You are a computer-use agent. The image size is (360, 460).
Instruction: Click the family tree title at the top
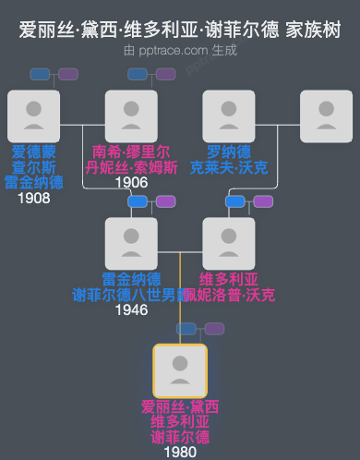180,30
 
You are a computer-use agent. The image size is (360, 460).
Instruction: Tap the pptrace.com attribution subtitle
180,50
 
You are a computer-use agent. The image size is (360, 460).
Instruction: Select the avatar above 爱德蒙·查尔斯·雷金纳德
33,116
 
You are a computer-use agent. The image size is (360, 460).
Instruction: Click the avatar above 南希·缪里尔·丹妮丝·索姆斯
131,116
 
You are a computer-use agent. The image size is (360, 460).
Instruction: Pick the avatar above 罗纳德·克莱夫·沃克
229,116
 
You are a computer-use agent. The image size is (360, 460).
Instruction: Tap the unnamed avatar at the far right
326,116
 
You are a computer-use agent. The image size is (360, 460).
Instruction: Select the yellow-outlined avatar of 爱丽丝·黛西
180,370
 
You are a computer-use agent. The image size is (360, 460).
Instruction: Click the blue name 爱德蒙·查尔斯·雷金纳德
33,166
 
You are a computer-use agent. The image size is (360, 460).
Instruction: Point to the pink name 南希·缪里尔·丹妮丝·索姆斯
131,159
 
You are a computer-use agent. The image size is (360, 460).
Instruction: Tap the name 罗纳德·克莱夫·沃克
229,159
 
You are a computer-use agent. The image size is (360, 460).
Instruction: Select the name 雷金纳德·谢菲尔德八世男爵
131,286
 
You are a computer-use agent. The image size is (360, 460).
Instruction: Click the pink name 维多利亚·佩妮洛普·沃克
229,286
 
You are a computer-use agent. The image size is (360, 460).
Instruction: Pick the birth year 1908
33,198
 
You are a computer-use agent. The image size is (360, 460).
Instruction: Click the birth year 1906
131,182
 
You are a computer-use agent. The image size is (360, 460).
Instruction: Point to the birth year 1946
131,309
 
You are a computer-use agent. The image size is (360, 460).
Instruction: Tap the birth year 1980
180,453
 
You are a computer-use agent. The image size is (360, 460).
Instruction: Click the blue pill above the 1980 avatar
188,329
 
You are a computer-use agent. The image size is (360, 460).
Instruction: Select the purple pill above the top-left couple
68,74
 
